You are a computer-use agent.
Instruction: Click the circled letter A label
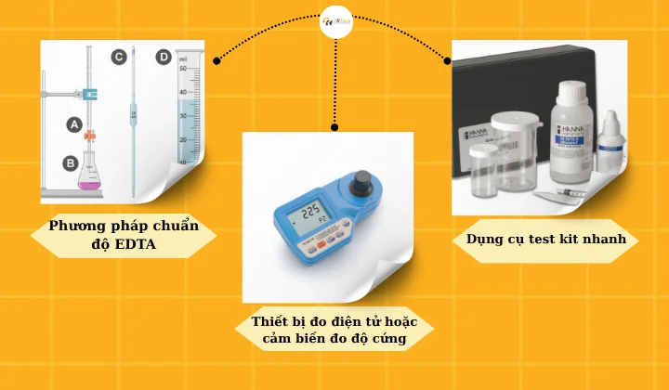(73, 123)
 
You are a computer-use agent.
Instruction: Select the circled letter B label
(70, 162)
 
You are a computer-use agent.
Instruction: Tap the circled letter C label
(119, 58)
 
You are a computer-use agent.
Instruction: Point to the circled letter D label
(164, 58)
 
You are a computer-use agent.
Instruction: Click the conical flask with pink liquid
(90, 174)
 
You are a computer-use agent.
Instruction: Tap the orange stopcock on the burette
(90, 134)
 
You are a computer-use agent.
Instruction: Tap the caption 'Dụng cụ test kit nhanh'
(545, 240)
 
